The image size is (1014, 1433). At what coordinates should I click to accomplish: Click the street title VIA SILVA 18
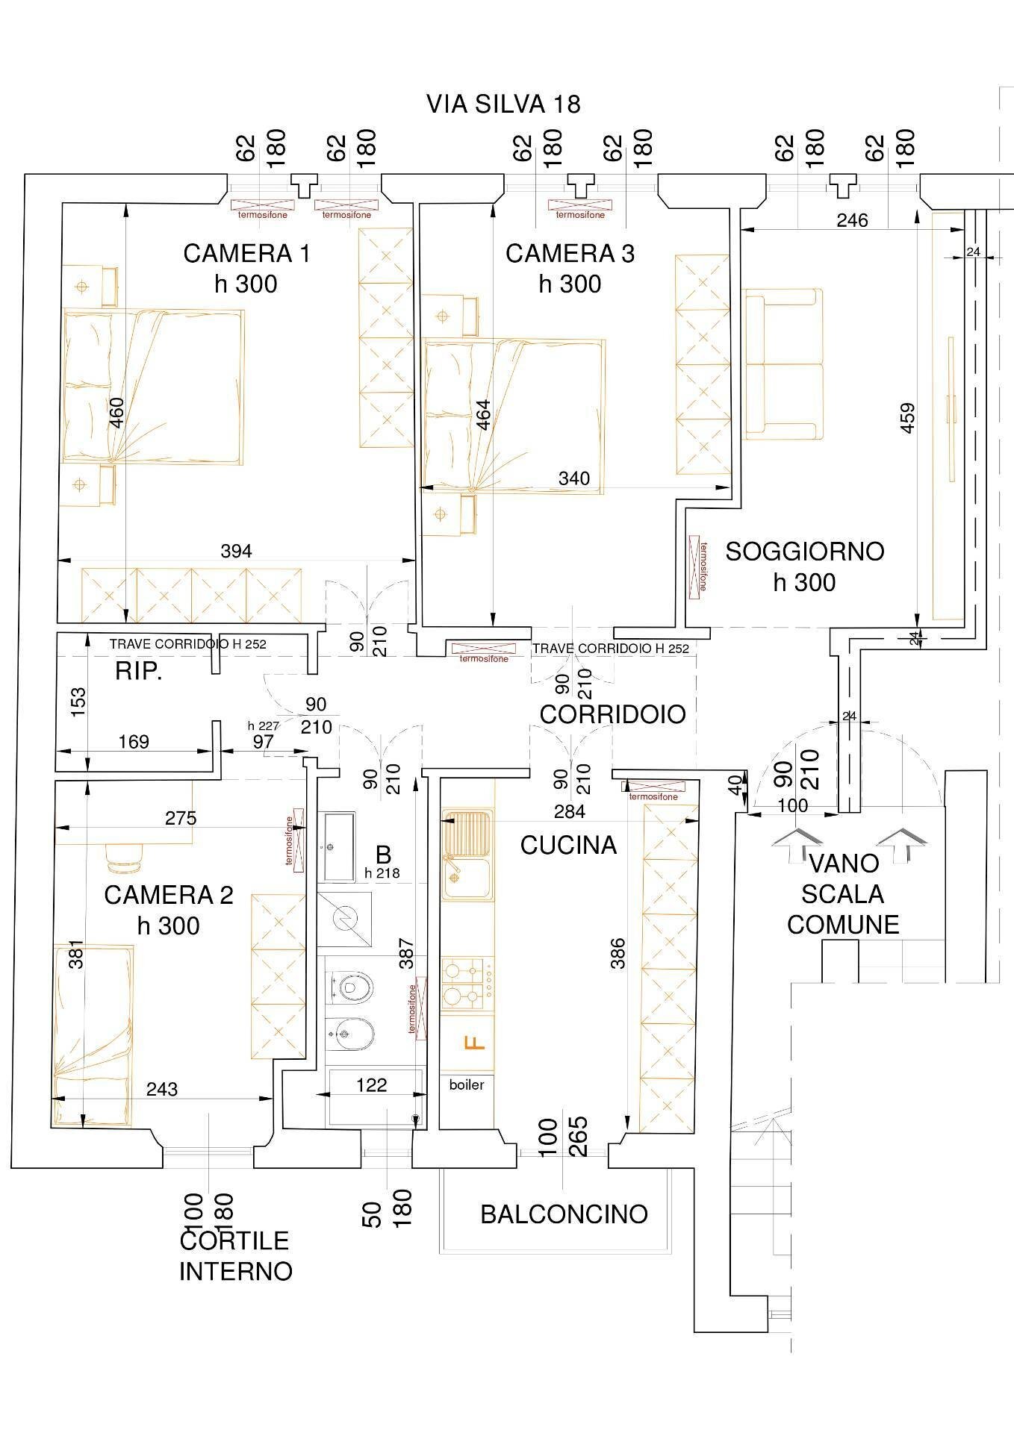503,104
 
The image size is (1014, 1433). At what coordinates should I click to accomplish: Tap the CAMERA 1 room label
246,254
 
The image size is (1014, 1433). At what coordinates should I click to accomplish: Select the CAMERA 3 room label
570,254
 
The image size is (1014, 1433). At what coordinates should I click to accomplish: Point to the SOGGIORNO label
805,552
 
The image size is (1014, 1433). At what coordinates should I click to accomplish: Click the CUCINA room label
568,845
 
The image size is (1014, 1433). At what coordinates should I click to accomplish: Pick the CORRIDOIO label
612,714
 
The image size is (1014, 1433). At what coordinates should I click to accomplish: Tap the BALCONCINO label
564,1214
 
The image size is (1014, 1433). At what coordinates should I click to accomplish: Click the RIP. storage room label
138,672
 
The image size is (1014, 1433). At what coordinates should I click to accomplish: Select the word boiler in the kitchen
467,1084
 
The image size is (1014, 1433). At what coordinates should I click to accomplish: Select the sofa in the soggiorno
782,363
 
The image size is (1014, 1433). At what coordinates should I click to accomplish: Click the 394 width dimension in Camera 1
236,551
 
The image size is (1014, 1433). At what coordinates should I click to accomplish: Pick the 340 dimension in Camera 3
573,478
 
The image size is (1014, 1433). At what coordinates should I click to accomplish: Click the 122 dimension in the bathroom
371,1084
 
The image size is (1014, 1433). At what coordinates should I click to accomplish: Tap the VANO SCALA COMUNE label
843,894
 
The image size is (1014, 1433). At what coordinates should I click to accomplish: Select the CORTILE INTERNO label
235,1256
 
